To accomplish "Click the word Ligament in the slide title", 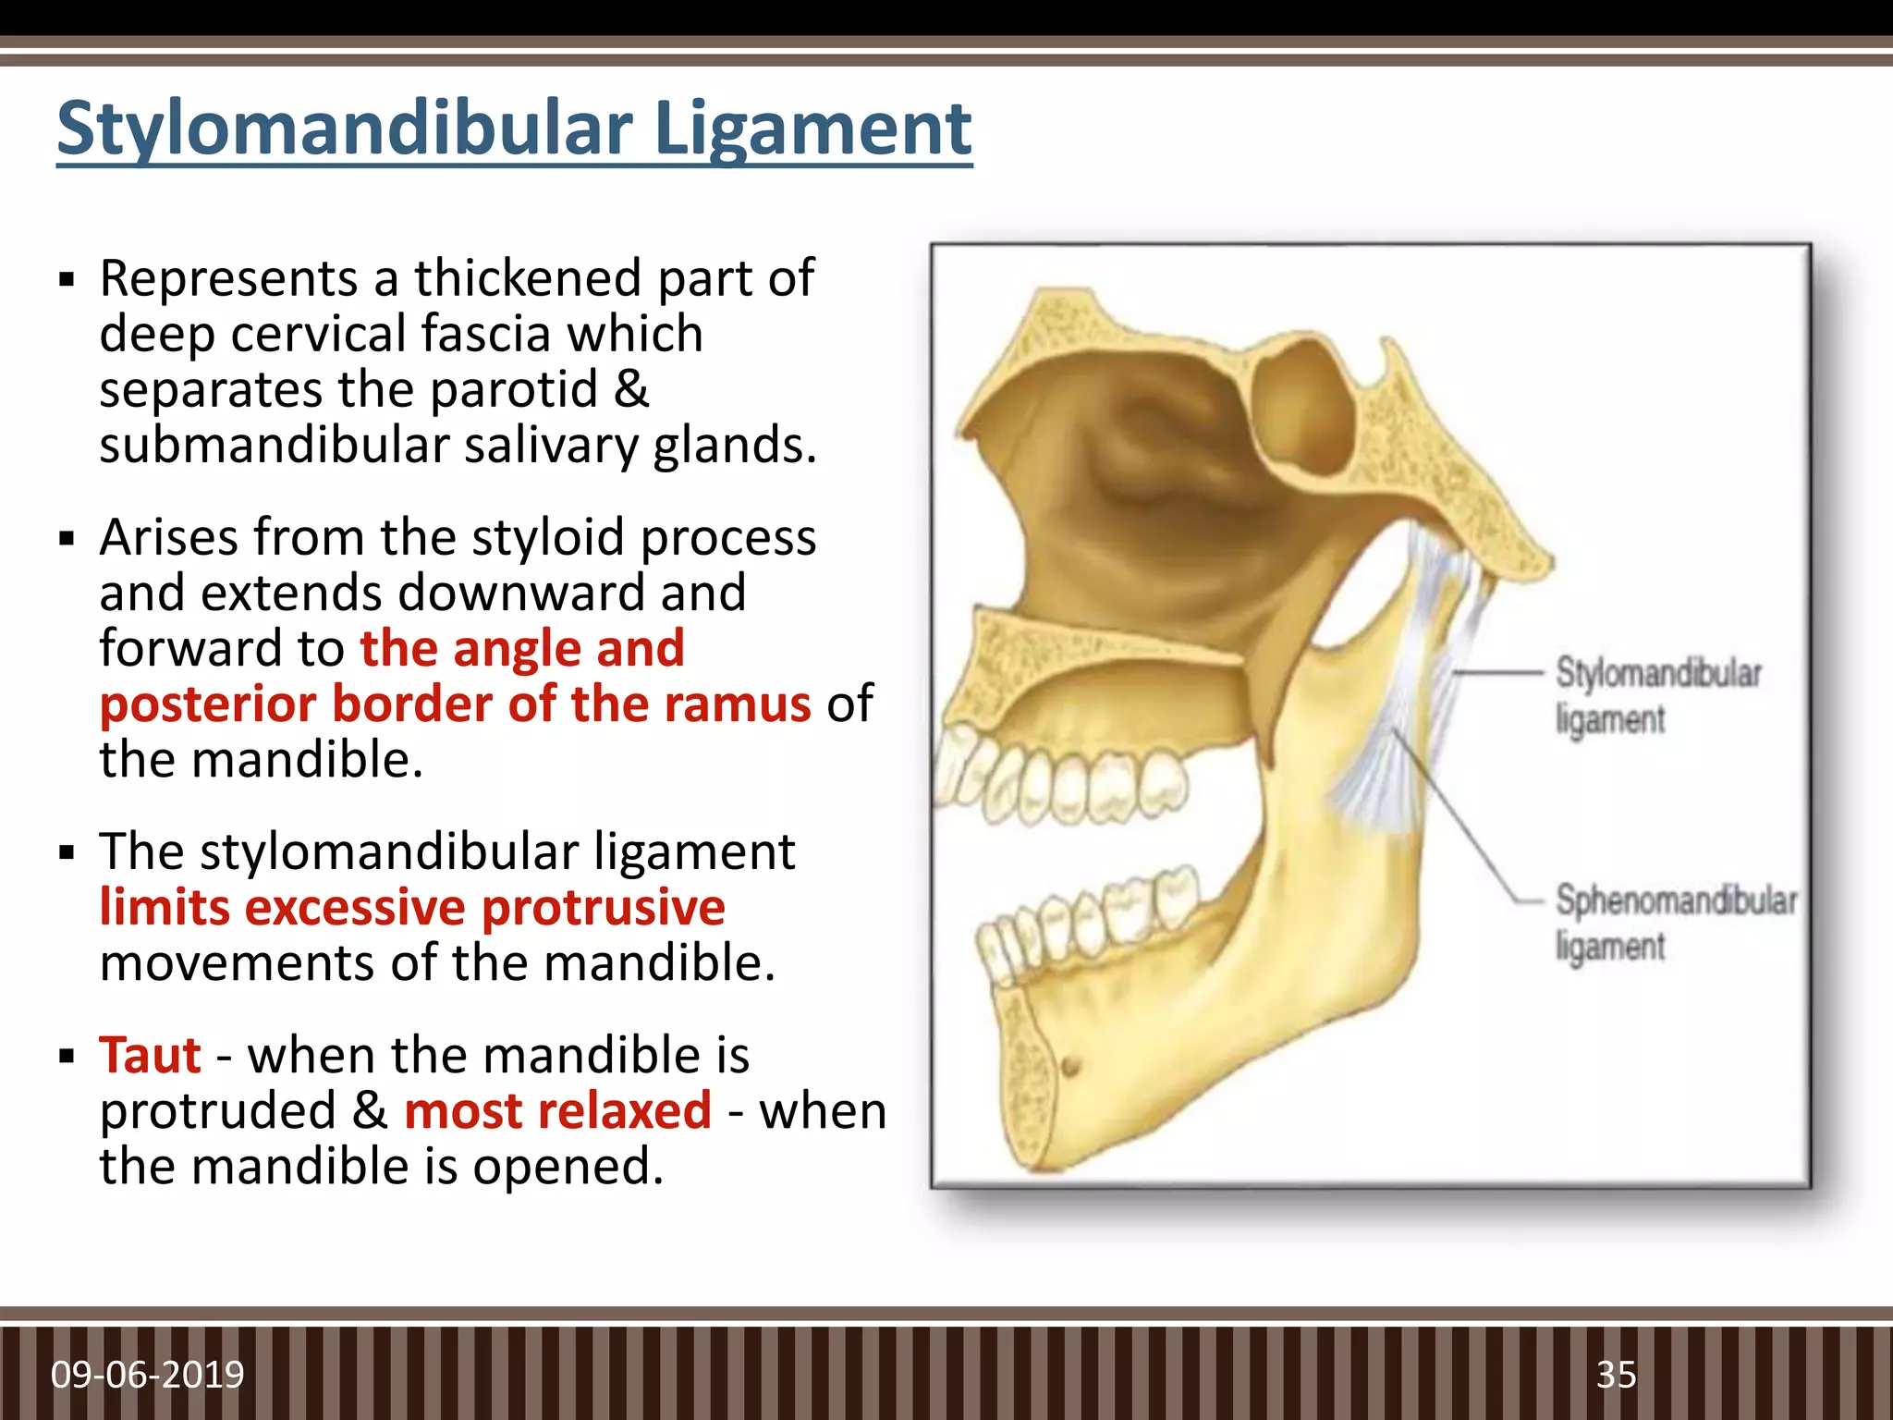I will click(812, 129).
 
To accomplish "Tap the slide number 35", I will click(1616, 1375).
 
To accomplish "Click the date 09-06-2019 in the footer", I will click(148, 1375).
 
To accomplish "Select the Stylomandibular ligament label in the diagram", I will click(1657, 695).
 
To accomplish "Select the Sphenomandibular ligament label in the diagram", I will click(1675, 923).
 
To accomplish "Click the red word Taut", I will click(151, 1055).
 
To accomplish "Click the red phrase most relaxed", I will click(557, 1110).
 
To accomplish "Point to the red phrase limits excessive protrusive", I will click(412, 907).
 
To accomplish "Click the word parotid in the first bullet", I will click(514, 389).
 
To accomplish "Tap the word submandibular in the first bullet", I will click(274, 445).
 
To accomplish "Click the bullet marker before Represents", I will click(66, 280).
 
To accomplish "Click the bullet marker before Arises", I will click(66, 539).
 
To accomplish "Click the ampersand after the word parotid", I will click(631, 389).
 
